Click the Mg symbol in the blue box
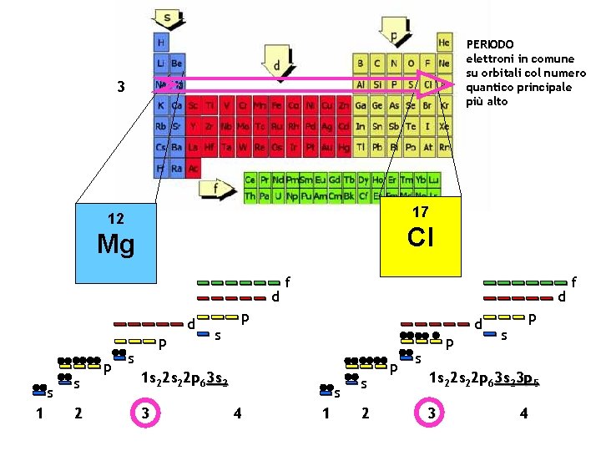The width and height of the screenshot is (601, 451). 115,244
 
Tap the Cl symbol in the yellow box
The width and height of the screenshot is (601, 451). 420,238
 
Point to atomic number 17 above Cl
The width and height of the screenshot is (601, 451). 420,213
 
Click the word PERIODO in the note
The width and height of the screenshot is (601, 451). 490,43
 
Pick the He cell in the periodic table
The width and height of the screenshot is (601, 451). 444,42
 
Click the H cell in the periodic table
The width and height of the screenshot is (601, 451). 160,42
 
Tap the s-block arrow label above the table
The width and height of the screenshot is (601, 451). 168,17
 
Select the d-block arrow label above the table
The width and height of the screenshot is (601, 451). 275,64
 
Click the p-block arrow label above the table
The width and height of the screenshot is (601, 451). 393,36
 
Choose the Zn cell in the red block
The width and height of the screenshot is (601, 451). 343,106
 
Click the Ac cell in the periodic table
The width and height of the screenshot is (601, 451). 193,169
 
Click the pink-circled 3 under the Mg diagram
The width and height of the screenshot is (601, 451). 145,414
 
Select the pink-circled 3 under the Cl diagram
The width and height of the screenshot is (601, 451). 431,414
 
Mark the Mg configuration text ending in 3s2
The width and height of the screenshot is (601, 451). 184,378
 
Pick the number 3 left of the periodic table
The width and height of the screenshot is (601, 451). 122,86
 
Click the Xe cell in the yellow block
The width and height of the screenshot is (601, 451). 444,127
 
